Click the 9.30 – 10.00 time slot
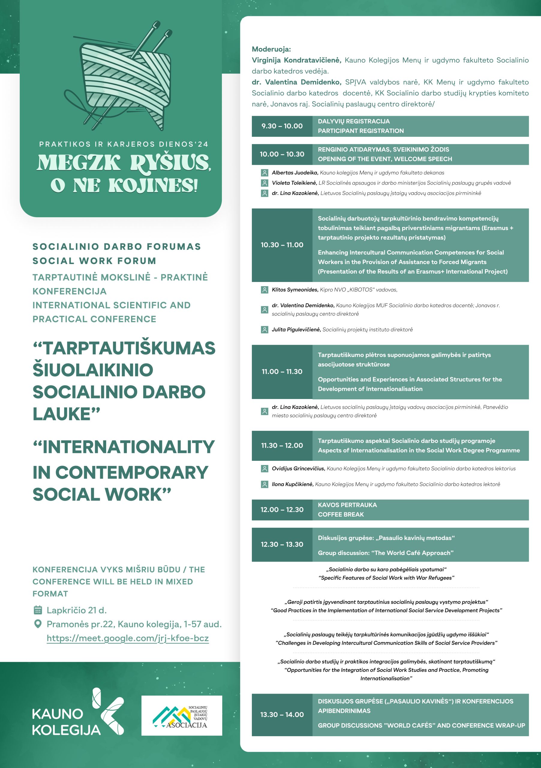point(282,126)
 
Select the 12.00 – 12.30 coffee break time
point(282,510)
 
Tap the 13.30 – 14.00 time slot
point(282,715)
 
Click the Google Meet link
point(127,638)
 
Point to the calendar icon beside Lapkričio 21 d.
point(38,610)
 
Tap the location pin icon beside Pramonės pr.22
point(38,624)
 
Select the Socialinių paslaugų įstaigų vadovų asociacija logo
point(181,715)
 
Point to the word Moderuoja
point(271,49)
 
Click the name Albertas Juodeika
point(294,172)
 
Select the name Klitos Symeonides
point(295,290)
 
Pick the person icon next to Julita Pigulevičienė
point(265,330)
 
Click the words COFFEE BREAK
point(341,514)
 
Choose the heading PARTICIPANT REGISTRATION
point(361,131)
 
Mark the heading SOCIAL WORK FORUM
point(94,261)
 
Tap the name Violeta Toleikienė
point(294,183)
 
